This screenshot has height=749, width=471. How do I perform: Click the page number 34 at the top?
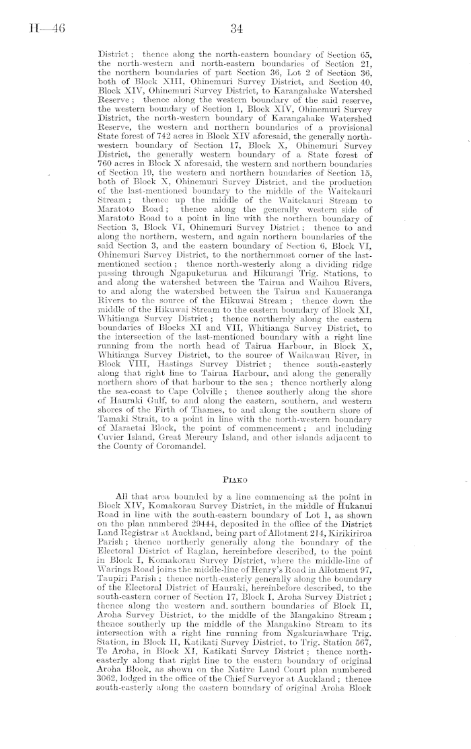point(235,29)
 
